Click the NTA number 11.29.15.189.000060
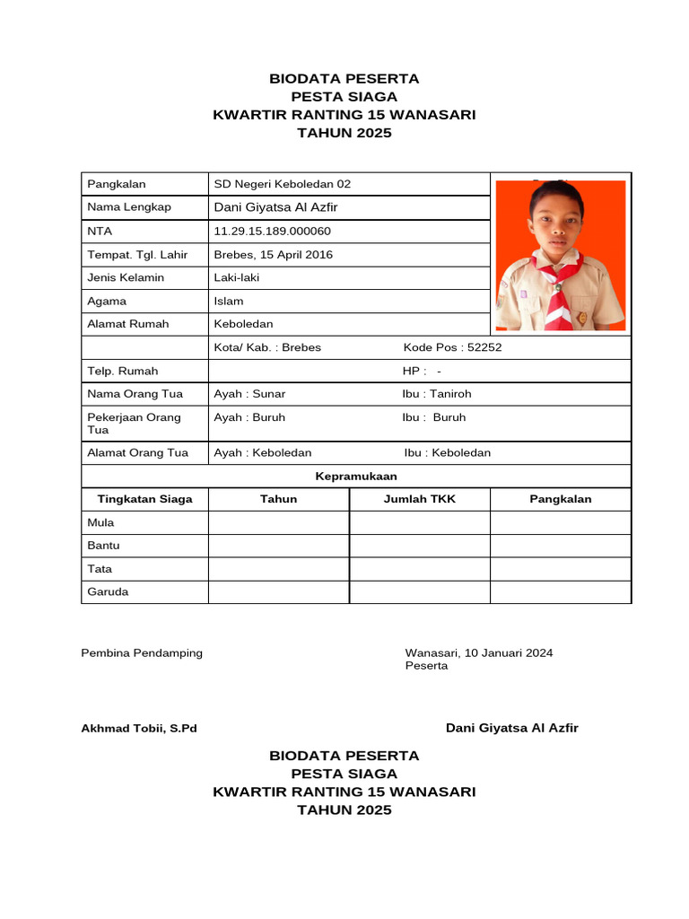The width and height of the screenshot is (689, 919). [x=272, y=231]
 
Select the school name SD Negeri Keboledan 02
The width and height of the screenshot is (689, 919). [x=282, y=184]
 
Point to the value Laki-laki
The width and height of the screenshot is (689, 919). [x=236, y=277]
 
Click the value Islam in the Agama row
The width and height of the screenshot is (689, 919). [x=228, y=301]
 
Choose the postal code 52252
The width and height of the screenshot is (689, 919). [x=485, y=347]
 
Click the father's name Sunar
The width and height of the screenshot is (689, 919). [x=269, y=394]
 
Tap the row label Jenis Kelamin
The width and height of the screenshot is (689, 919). [x=126, y=277]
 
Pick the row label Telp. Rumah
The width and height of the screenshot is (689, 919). [x=122, y=371]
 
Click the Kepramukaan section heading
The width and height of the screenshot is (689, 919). [x=356, y=476]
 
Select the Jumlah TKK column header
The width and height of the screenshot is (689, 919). [x=419, y=499]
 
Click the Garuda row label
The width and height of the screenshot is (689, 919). [x=108, y=592]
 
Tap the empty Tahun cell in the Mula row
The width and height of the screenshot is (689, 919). [x=278, y=522]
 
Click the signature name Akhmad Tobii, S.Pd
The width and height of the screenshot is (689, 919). [x=139, y=728]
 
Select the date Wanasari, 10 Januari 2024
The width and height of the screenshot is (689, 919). [x=479, y=652]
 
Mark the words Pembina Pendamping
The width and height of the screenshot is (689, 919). [x=142, y=652]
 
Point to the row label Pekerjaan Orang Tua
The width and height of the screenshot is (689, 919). [x=135, y=424]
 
